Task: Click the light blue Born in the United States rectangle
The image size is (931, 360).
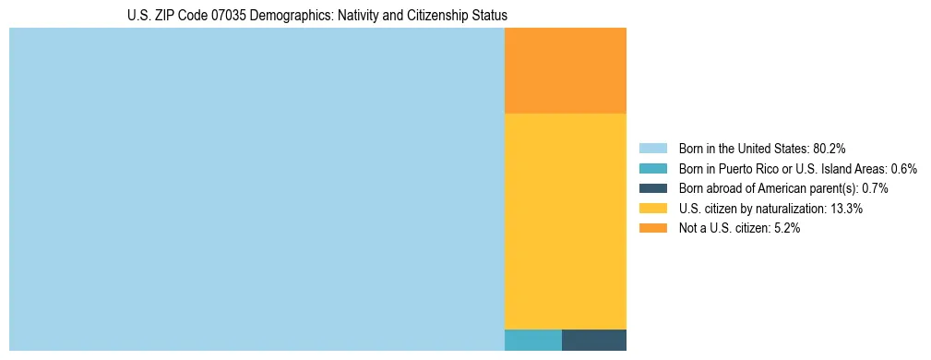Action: (x=257, y=189)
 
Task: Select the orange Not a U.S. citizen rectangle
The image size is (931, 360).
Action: (x=565, y=70)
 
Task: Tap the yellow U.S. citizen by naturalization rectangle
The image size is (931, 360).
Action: (x=565, y=221)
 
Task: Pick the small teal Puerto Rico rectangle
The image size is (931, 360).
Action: (x=532, y=340)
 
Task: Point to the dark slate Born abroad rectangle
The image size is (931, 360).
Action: (x=593, y=340)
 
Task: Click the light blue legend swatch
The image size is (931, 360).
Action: (x=652, y=149)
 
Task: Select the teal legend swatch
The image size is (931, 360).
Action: (x=652, y=169)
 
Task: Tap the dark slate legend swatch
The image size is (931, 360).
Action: (x=652, y=188)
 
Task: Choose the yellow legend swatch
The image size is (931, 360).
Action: (x=652, y=209)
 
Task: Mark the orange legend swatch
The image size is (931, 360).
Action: (x=652, y=228)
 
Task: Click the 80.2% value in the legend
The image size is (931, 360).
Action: (x=829, y=149)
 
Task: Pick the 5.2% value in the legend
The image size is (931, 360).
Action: (x=787, y=228)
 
